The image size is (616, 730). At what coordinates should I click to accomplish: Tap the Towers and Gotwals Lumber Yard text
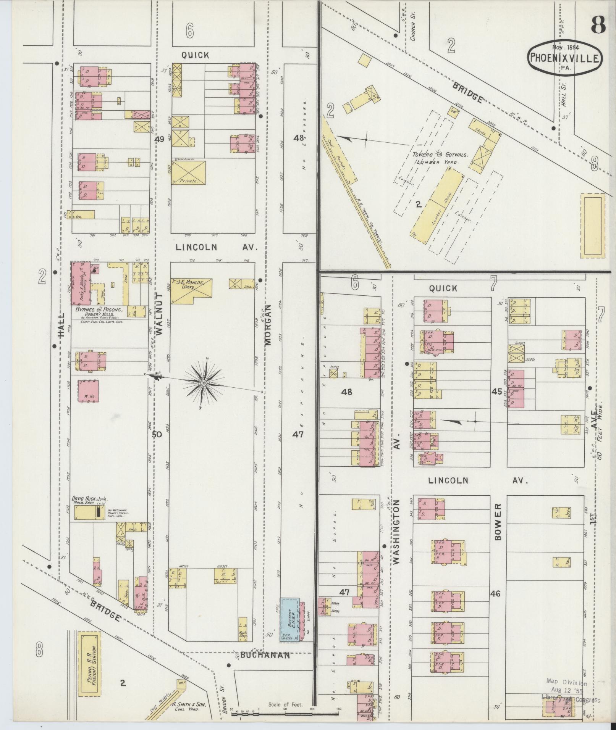click(x=435, y=158)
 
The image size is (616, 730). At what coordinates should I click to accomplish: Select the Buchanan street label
click(x=265, y=655)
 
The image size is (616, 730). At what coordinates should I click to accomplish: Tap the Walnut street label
click(x=159, y=314)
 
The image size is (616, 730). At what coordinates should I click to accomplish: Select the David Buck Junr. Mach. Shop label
click(x=90, y=501)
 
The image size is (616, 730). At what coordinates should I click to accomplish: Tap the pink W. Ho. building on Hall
click(x=88, y=393)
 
